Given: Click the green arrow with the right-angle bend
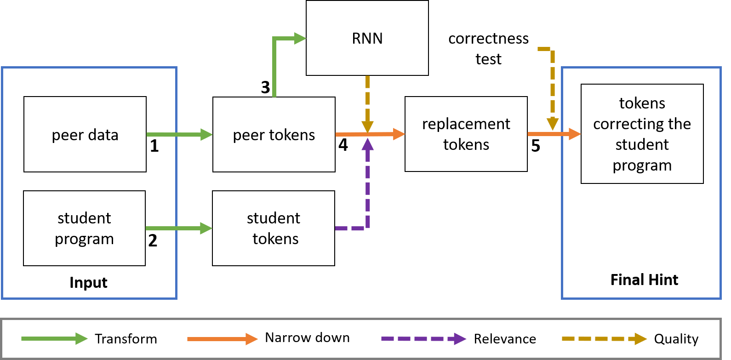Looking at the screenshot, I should click(x=274, y=69).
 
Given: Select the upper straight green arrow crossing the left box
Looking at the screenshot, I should click(x=175, y=135).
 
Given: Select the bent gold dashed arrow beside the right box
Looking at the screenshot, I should click(x=553, y=83).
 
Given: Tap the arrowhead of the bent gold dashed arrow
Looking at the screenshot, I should click(x=553, y=124).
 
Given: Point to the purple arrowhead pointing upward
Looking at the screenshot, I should click(x=367, y=144).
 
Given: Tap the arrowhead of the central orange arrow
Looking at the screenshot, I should click(x=399, y=134).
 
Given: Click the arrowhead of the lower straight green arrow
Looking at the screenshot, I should click(x=206, y=228).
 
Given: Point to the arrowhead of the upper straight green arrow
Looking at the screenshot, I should click(x=206, y=135).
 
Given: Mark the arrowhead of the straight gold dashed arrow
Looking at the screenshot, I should click(x=367, y=127).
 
